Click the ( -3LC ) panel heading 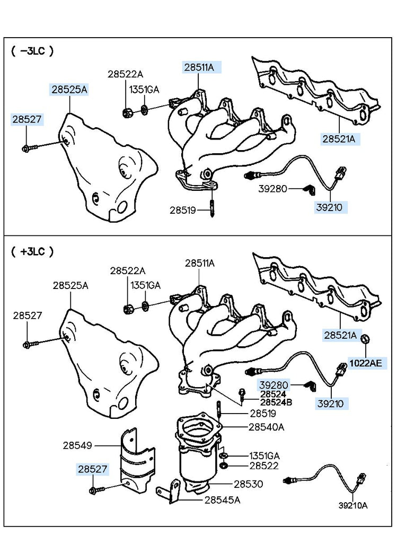[32, 51]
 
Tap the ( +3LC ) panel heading [32, 251]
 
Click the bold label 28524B [276, 402]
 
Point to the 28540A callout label [266, 426]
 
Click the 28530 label [249, 484]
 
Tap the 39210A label [352, 505]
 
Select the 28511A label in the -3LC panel [199, 67]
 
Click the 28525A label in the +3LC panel [70, 285]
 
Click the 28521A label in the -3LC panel [340, 140]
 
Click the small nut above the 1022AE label [366, 338]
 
